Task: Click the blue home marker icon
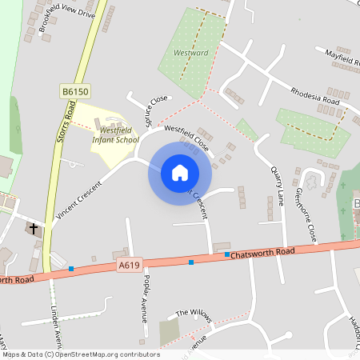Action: point(180,173)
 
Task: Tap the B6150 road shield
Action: point(74,93)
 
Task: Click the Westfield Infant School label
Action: point(114,134)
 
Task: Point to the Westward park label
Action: point(190,54)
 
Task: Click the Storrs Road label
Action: point(66,124)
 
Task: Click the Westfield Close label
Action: point(186,138)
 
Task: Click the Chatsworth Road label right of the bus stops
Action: point(264,252)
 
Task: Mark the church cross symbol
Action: point(34,229)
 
